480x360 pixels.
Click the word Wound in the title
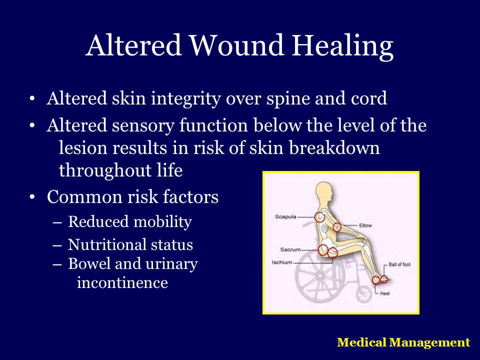(x=237, y=45)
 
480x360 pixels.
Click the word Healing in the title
(x=342, y=47)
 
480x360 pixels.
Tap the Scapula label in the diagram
(x=285, y=216)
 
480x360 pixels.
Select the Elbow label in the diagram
(x=365, y=225)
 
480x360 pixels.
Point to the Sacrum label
(x=290, y=249)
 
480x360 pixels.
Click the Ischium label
(x=282, y=262)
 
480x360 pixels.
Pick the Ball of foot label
(x=399, y=264)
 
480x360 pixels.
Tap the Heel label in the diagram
(x=385, y=293)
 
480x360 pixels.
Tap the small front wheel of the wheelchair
(x=364, y=294)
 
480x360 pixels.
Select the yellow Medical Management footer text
(x=403, y=342)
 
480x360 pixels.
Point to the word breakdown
(x=334, y=147)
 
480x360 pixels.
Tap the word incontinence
(x=122, y=282)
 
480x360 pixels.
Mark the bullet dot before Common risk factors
(x=32, y=197)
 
